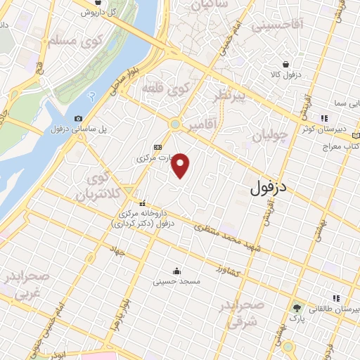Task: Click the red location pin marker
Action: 181,166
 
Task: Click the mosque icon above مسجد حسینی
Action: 176,271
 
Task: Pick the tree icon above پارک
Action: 296,308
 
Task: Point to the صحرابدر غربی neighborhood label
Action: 26,285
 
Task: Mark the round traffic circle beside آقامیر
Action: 174,124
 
